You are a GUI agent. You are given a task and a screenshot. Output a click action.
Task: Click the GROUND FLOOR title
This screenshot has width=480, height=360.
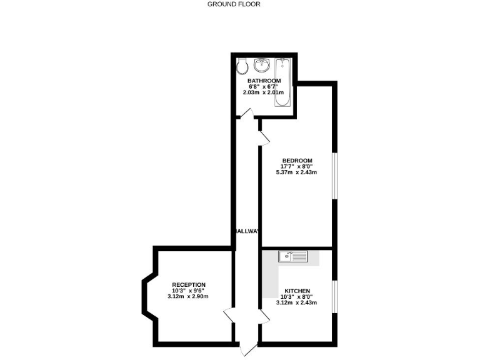point(234,4)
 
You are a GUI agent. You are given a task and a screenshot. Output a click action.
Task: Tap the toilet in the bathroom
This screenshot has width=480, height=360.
point(242,66)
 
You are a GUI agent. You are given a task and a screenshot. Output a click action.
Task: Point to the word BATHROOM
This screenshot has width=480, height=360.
point(264,81)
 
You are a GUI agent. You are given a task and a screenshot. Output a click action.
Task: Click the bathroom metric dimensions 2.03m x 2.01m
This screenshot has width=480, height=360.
point(264,92)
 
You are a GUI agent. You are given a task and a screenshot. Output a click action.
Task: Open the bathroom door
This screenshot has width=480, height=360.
point(246,114)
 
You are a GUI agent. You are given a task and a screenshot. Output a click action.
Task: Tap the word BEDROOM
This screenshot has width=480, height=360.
point(297,159)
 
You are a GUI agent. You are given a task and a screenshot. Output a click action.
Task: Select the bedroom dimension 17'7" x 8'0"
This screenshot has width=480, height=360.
point(297,166)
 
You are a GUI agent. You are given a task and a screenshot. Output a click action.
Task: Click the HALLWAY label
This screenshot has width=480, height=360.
point(246,231)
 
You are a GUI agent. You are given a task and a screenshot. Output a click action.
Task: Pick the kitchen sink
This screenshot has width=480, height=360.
point(293,256)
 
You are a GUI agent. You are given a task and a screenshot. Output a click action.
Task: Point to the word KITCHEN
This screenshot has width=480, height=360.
point(296,291)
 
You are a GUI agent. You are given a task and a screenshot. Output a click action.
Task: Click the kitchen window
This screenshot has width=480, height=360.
point(334,297)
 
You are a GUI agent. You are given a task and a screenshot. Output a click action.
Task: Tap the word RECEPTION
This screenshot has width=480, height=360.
point(188,285)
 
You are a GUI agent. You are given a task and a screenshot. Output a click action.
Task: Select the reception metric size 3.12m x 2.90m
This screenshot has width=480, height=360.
point(188,296)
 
